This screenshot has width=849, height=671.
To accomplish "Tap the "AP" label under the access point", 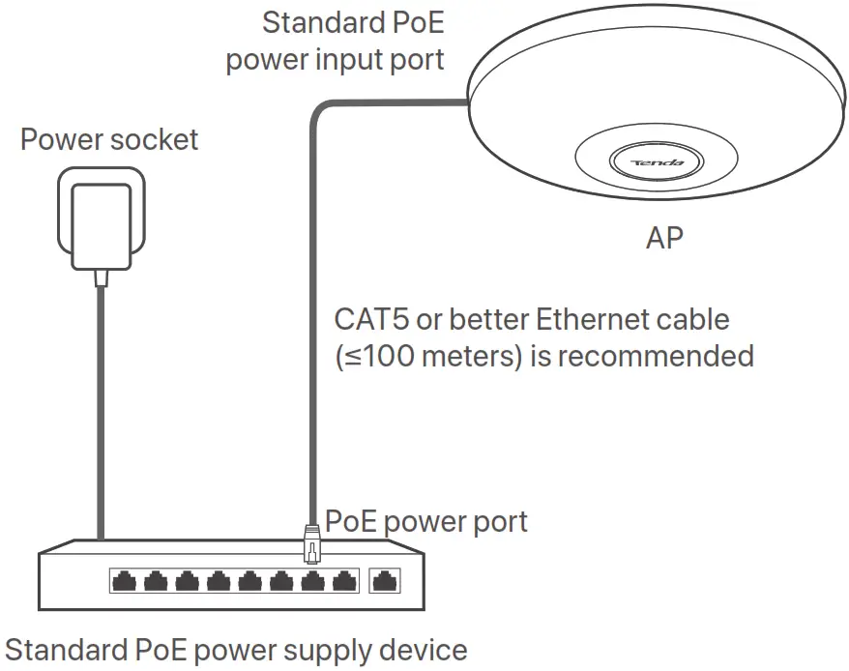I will pyautogui.click(x=664, y=238).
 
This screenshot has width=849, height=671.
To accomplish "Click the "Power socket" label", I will pyautogui.click(x=109, y=139).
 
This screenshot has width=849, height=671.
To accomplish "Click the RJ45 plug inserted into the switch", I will pyautogui.click(x=311, y=543).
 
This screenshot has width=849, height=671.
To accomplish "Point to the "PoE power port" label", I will pyautogui.click(x=426, y=522).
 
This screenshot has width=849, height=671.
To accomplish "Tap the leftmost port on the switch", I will pyautogui.click(x=123, y=581).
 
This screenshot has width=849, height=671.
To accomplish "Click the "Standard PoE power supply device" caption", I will pyautogui.click(x=236, y=650).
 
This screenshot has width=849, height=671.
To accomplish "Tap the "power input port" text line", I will pyautogui.click(x=335, y=60).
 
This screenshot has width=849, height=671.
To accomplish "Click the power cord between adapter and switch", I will pyautogui.click(x=99, y=406).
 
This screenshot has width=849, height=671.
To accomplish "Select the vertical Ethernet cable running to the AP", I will pyautogui.click(x=312, y=319).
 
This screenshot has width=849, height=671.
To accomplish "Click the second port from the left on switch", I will pyautogui.click(x=155, y=581).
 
